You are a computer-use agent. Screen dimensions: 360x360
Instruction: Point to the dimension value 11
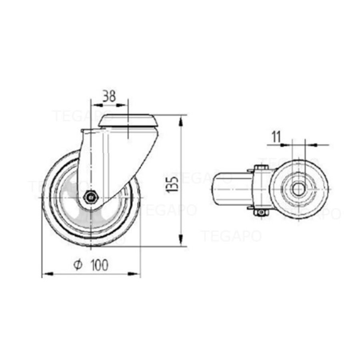coord(276,137)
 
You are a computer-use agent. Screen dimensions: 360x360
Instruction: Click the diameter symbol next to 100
coord(78,265)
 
